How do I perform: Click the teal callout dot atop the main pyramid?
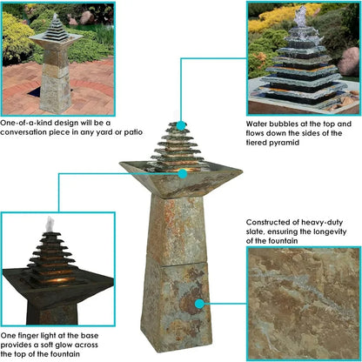click(181, 126)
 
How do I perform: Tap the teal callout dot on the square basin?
click(181, 172)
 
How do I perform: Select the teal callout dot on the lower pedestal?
click(200, 304)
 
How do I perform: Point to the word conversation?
click(30, 132)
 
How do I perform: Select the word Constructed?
click(271, 222)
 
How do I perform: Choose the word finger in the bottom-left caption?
click(34, 333)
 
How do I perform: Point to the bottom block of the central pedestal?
click(179, 300)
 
